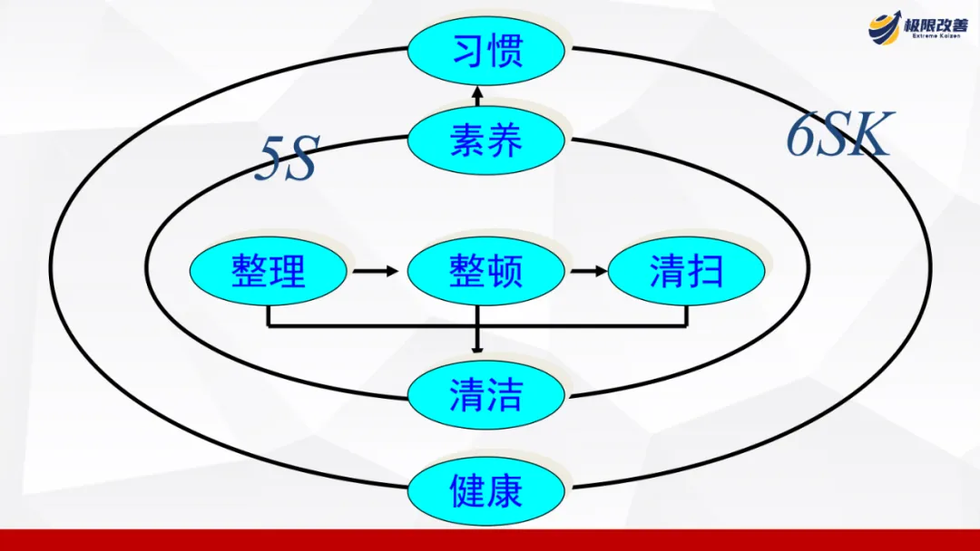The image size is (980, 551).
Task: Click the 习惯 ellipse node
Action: pyautogui.click(x=486, y=52)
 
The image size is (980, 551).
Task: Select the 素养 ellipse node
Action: pyautogui.click(x=486, y=141)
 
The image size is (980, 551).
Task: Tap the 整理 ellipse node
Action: pyautogui.click(x=268, y=271)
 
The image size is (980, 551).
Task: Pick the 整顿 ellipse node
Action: pyautogui.click(x=486, y=271)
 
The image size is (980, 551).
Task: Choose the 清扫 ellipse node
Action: pyautogui.click(x=686, y=271)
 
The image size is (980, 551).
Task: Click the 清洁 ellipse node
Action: pyautogui.click(x=486, y=395)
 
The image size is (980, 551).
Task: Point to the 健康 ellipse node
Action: pyautogui.click(x=486, y=490)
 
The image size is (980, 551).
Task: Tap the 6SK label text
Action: pyautogui.click(x=839, y=136)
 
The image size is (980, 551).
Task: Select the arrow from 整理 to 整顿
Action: pyautogui.click(x=376, y=271)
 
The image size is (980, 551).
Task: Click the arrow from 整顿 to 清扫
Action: pyautogui.click(x=588, y=271)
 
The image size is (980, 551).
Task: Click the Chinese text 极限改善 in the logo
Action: pyautogui.click(x=936, y=24)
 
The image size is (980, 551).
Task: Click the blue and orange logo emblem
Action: pyautogui.click(x=884, y=27)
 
